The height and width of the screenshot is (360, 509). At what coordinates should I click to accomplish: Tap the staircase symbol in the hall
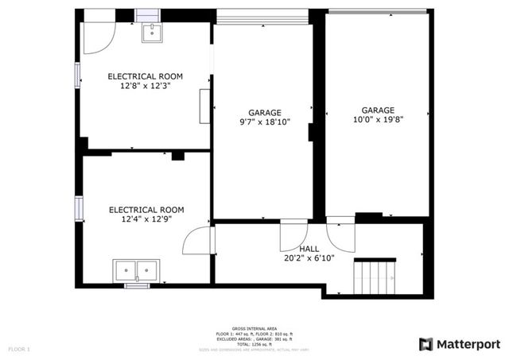tap(373, 277)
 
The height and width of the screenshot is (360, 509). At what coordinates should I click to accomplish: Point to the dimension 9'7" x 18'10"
tap(265, 122)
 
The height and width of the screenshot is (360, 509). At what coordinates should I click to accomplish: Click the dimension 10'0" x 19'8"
tap(378, 120)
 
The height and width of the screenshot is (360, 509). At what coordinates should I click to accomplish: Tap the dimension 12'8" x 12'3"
tap(146, 86)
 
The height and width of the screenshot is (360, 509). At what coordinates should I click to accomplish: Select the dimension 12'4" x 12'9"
tap(146, 219)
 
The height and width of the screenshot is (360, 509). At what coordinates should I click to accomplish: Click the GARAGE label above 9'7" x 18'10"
tap(265, 113)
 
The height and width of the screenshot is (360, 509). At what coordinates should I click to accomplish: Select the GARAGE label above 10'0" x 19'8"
tap(378, 110)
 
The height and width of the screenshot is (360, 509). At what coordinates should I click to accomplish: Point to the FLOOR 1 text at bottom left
tap(19, 349)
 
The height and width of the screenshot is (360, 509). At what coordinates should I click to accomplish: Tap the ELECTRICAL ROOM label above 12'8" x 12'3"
tap(146, 76)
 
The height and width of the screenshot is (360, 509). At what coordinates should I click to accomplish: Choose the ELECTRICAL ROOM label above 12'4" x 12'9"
tap(146, 210)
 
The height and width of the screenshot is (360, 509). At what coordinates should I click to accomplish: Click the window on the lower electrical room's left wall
tap(78, 208)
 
